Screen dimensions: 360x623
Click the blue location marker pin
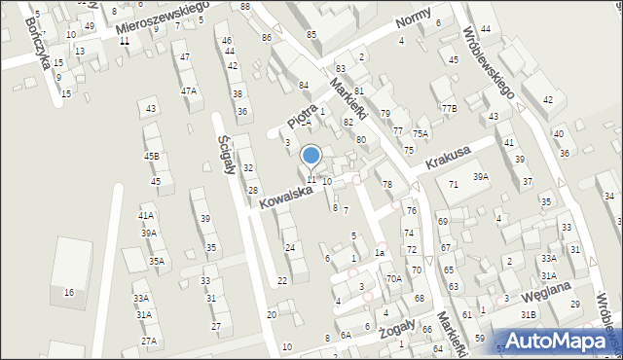click(311, 157)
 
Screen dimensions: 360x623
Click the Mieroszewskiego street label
click(163, 20)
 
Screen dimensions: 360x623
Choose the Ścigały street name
click(230, 153)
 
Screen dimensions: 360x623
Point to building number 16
click(68, 292)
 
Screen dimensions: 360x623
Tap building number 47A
click(188, 90)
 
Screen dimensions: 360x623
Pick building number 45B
click(151, 156)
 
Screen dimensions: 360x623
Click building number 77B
click(449, 108)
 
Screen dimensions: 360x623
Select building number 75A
click(421, 133)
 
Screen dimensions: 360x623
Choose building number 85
click(311, 35)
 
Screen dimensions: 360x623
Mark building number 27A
click(148, 342)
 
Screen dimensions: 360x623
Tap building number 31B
click(529, 314)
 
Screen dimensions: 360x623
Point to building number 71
click(454, 184)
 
